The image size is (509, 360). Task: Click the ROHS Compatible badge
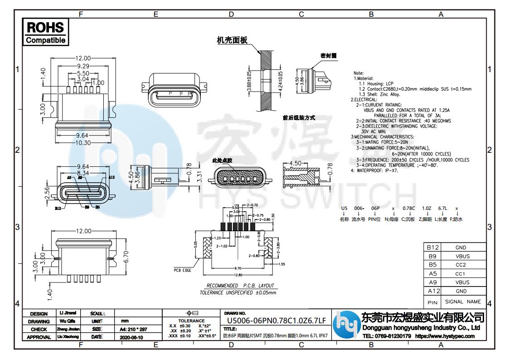pyautogui.click(x=45, y=32)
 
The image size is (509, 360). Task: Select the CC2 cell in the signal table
pyautogui.click(x=461, y=265)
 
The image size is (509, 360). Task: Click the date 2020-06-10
pyautogui.click(x=131, y=337)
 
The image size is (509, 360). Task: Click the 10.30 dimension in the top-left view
pyautogui.click(x=83, y=142)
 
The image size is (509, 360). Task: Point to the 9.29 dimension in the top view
pyautogui.click(x=82, y=66)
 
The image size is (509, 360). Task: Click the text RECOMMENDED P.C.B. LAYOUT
pyautogui.click(x=240, y=286)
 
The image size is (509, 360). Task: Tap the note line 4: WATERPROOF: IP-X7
pyautogui.click(x=375, y=170)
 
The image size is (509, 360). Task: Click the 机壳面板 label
pyautogui.click(x=232, y=40)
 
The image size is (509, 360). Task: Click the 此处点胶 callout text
pyautogui.click(x=222, y=161)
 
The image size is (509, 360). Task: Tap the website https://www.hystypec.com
pyautogui.click(x=445, y=336)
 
